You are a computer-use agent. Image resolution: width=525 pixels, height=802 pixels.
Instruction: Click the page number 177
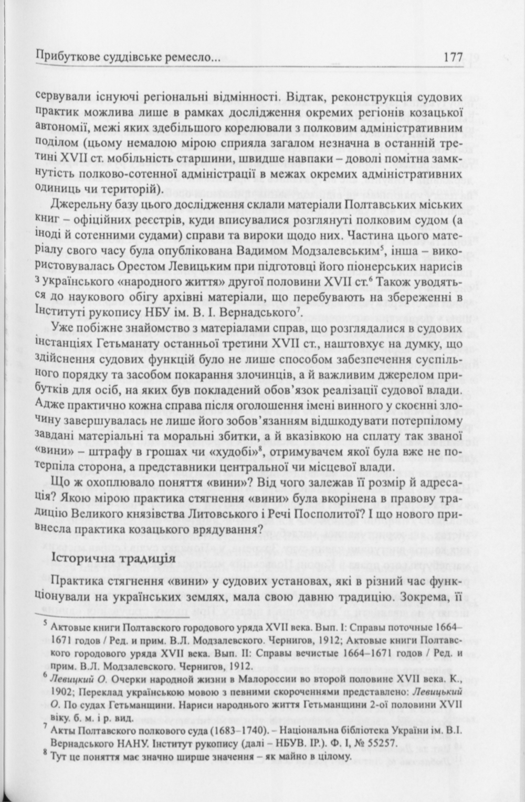453,57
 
